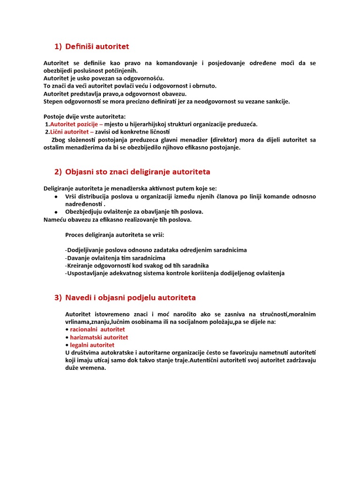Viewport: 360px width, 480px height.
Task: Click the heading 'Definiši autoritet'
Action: [x=97, y=46]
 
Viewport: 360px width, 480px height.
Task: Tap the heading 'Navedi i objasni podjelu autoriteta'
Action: [x=131, y=298]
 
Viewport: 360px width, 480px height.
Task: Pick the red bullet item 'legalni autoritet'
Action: [x=92, y=345]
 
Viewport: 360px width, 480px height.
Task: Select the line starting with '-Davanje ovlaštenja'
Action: [x=115, y=258]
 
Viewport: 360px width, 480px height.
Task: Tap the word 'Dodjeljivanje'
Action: [x=86, y=250]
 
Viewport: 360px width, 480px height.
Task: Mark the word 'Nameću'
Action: [x=53, y=219]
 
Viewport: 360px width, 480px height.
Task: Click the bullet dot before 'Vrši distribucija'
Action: [x=56, y=196]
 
